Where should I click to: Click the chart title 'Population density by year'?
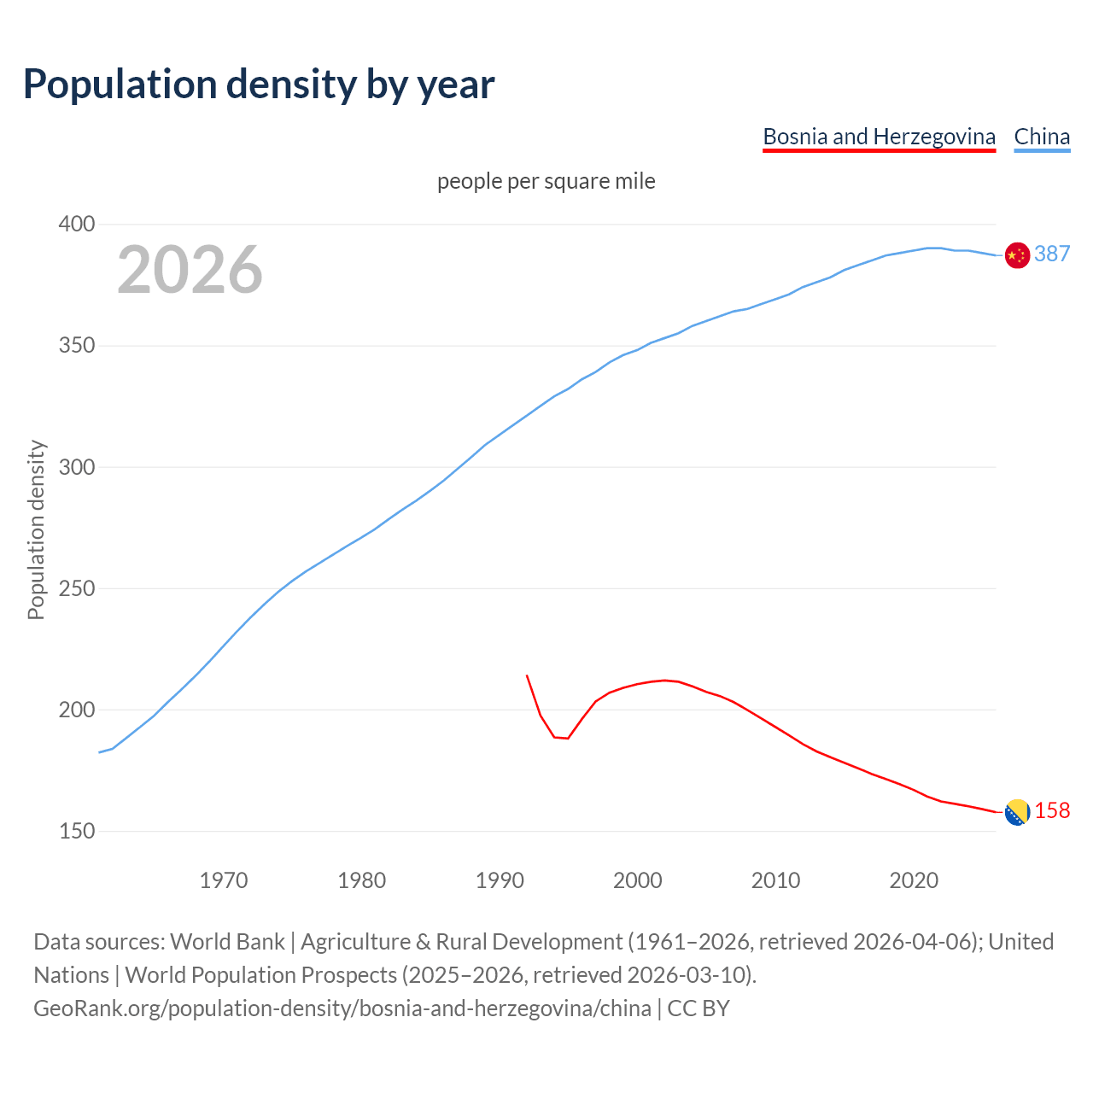pyautogui.click(x=259, y=84)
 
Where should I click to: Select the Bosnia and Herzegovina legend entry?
pyautogui.click(x=879, y=137)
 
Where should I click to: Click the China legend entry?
pyautogui.click(x=1042, y=137)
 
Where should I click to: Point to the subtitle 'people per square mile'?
pyautogui.click(x=546, y=181)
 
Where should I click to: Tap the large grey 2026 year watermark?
pyautogui.click(x=190, y=269)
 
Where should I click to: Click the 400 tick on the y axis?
pyautogui.click(x=77, y=225)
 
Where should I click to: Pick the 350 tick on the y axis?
pyautogui.click(x=77, y=346)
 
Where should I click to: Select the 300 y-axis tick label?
pyautogui.click(x=77, y=467)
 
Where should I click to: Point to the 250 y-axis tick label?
pyautogui.click(x=77, y=588)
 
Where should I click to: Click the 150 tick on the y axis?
pyautogui.click(x=77, y=831)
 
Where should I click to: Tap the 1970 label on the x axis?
pyautogui.click(x=224, y=880)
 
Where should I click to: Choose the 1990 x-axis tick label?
pyautogui.click(x=500, y=880)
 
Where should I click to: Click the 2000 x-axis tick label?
pyautogui.click(x=638, y=880)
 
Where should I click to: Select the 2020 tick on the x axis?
pyautogui.click(x=914, y=880)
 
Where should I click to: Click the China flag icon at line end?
pyautogui.click(x=1017, y=255)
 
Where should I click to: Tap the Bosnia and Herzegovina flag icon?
pyautogui.click(x=1017, y=813)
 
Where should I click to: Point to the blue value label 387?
pyautogui.click(x=1052, y=254)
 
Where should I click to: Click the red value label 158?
pyautogui.click(x=1052, y=810)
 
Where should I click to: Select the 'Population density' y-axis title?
pyautogui.click(x=36, y=529)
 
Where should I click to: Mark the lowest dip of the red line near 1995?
pyautogui.click(x=568, y=738)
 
